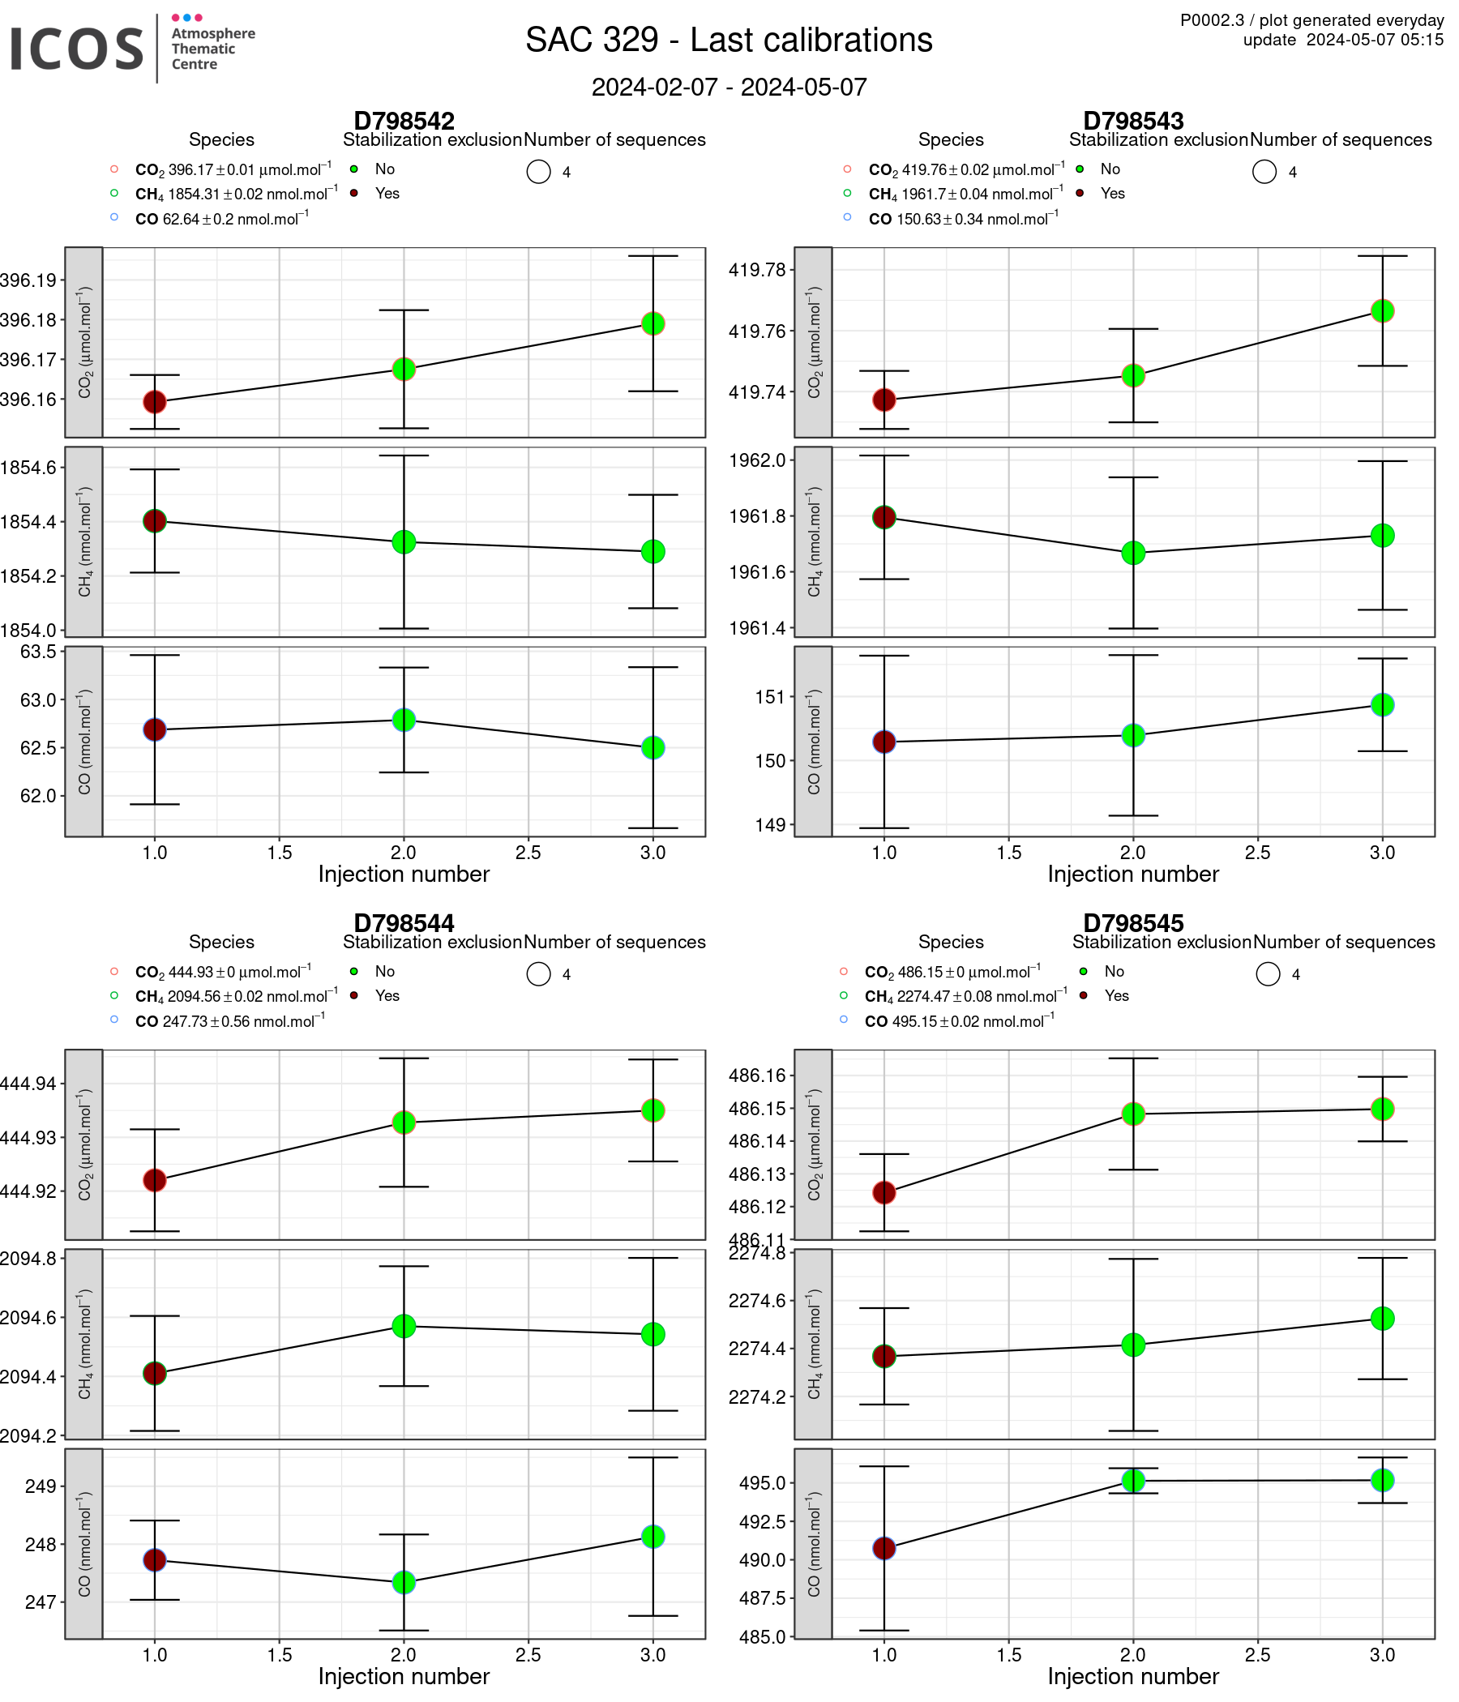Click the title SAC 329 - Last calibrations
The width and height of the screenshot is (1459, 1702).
click(x=729, y=41)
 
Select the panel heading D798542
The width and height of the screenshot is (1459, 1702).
click(x=404, y=121)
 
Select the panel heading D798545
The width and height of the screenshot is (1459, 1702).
click(x=1133, y=923)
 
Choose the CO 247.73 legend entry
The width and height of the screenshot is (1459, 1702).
click(x=229, y=1022)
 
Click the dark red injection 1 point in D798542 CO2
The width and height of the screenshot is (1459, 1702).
click(x=155, y=402)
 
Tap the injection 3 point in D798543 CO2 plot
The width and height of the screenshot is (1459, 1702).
click(x=1383, y=311)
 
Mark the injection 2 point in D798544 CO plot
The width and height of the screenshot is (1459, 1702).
click(x=404, y=1583)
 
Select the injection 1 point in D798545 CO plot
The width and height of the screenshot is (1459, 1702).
click(x=884, y=1548)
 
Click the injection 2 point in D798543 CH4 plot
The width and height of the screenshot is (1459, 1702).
click(x=1133, y=553)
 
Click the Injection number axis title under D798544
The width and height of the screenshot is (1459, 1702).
click(x=404, y=1677)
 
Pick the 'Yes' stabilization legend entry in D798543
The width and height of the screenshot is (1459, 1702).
click(x=1112, y=194)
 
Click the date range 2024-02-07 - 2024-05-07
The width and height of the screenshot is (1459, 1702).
click(x=729, y=87)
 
